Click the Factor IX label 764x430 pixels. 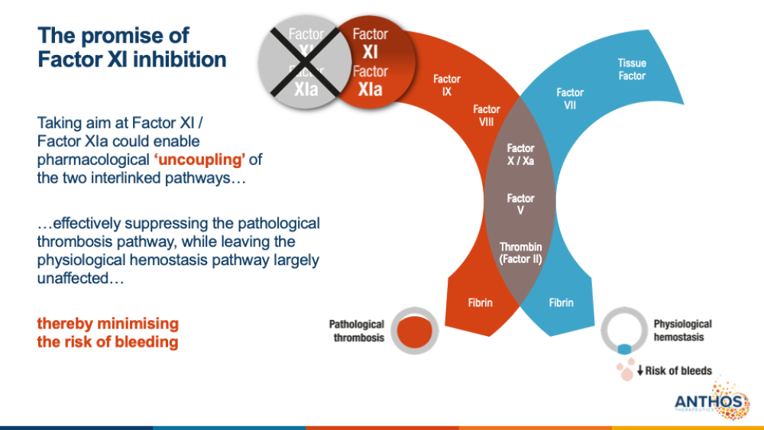[447, 85]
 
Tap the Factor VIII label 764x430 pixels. [487, 115]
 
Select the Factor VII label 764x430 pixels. [571, 99]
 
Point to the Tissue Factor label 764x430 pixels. [632, 70]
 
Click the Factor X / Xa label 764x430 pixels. [520, 154]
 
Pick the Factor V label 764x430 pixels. [520, 204]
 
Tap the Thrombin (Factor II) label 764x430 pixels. [520, 253]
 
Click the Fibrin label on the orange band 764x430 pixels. [480, 302]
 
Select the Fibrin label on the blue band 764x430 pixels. [561, 302]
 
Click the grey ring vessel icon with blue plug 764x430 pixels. [624, 331]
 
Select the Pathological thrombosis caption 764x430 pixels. [357, 331]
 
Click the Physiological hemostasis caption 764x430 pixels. [682, 330]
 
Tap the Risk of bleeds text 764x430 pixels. [674, 371]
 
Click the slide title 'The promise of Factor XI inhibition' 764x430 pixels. [132, 47]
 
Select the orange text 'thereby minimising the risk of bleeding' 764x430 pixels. [108, 332]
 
